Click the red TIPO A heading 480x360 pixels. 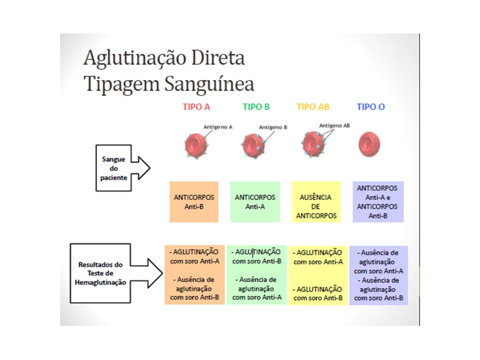(196, 107)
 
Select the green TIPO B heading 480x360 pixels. (256, 107)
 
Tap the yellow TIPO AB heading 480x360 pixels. (313, 107)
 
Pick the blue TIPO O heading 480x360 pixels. (370, 107)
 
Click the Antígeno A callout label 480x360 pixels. (218, 127)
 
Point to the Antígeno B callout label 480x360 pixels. (273, 127)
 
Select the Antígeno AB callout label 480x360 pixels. (334, 125)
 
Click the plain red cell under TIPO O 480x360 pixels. (369, 144)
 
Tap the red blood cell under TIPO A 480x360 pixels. (196, 145)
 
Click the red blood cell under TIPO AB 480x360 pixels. (313, 144)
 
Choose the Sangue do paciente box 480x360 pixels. (113, 168)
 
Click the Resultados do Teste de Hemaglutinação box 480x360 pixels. (100, 273)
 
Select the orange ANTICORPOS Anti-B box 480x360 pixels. (194, 201)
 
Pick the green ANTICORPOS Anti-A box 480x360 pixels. (255, 201)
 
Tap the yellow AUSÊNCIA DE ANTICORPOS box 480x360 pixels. (316, 201)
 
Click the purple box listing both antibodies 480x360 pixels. (378, 201)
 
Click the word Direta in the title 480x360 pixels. (218, 57)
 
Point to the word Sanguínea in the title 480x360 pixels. (209, 84)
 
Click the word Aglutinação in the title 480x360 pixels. (135, 58)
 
